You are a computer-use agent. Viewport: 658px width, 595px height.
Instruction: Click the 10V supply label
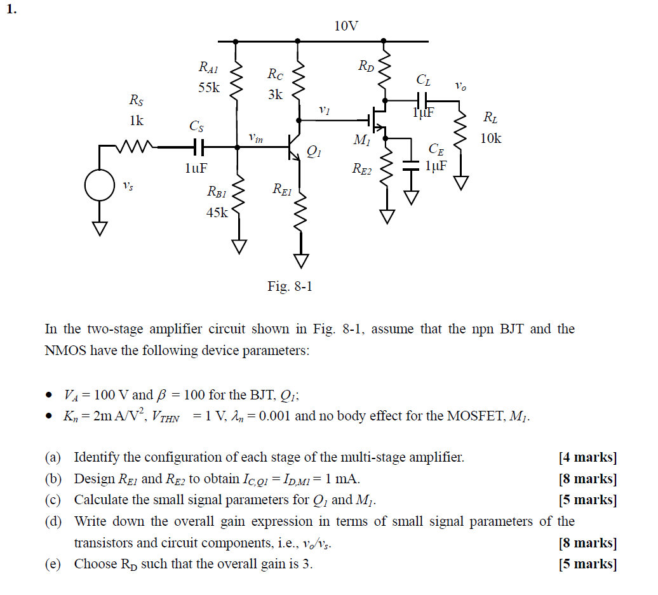[x=346, y=26]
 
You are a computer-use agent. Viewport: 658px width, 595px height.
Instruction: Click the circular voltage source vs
[x=100, y=185]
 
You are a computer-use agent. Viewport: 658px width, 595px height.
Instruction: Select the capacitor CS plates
[x=198, y=147]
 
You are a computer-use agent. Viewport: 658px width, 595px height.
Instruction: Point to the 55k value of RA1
[x=208, y=88]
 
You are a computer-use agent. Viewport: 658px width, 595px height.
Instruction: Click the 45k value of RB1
[x=217, y=213]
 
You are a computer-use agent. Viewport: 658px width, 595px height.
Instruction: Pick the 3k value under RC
[x=275, y=95]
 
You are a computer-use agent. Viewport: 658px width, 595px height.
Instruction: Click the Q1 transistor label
[x=314, y=152]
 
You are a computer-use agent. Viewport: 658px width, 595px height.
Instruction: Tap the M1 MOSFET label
[x=361, y=141]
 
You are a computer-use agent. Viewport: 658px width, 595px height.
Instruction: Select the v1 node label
[x=325, y=110]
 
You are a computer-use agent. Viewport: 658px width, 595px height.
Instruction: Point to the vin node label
[x=256, y=137]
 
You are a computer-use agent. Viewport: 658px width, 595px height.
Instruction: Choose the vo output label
[x=460, y=86]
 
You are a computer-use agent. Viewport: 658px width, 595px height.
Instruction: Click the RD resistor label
[x=366, y=65]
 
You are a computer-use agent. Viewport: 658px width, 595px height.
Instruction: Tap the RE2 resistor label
[x=362, y=169]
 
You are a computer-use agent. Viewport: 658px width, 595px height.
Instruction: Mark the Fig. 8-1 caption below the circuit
[x=290, y=286]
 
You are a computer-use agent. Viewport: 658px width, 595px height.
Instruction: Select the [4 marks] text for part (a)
[x=587, y=457]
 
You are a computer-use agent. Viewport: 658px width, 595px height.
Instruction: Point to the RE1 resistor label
[x=282, y=189]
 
